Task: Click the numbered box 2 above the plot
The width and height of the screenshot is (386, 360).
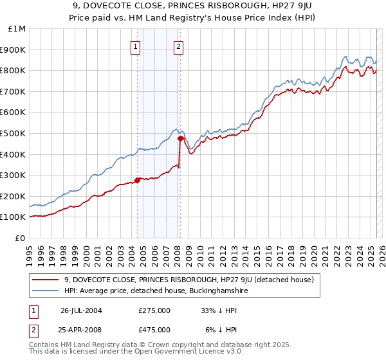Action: [x=178, y=46]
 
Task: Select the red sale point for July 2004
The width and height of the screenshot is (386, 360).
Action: [x=138, y=180]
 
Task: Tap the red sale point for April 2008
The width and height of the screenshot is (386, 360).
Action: [x=180, y=138]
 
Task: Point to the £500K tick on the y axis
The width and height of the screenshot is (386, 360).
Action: [x=14, y=133]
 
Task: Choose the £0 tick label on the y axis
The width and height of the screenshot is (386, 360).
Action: [x=21, y=238]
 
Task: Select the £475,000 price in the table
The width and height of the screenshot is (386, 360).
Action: [x=154, y=329]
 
